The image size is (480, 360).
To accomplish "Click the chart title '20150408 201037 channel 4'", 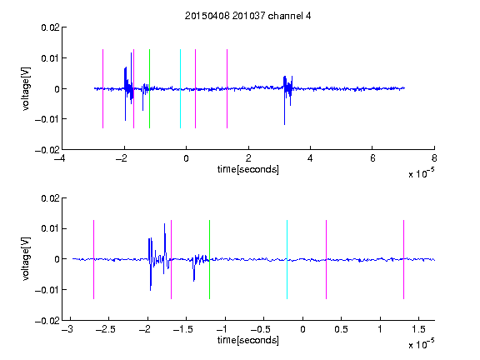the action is tap(247, 16).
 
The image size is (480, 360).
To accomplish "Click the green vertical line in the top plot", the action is tap(149, 88).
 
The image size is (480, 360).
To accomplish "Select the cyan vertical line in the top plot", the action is tap(180, 88).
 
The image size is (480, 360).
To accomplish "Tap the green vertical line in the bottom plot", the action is tap(209, 259).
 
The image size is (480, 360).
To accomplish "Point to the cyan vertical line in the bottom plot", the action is tap(287, 259).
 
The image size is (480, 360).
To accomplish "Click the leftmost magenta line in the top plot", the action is tap(102, 88).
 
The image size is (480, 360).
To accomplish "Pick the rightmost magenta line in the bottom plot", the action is tap(403, 259).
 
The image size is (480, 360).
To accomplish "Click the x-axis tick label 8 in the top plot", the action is tap(434, 158).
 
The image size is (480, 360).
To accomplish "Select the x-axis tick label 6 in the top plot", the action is tap(372, 158).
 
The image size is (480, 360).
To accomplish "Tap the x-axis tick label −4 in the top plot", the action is tap(60, 158).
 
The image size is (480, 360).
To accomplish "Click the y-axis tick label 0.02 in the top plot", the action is tap(50, 27).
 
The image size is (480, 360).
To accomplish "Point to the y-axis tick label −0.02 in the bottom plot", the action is tap(47, 321).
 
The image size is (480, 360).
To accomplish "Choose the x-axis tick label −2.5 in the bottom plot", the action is tap(105, 329).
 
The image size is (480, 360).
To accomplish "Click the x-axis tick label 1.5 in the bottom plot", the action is tap(418, 329).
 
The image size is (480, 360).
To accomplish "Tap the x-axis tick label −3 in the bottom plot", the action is tap(67, 329).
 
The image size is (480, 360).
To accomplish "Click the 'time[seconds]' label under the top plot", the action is tap(248, 169).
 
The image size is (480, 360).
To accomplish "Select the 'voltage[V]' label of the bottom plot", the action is tap(26, 259).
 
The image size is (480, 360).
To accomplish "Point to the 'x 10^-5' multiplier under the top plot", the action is tap(421, 172).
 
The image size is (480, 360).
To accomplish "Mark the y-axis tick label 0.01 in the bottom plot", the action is tap(50, 228).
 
